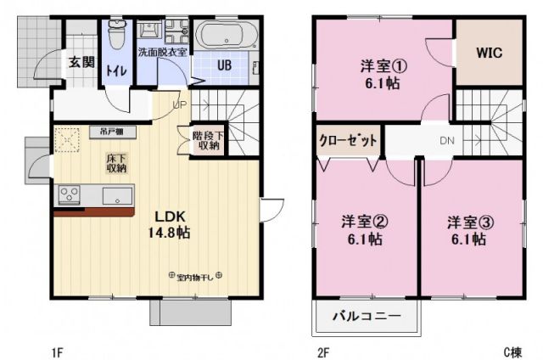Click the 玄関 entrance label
(82, 63)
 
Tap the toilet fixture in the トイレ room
(116, 36)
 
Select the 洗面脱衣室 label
(164, 52)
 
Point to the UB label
(224, 66)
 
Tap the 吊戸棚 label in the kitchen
(111, 132)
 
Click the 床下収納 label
(116, 163)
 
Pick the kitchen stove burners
(69, 196)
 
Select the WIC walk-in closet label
(489, 52)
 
